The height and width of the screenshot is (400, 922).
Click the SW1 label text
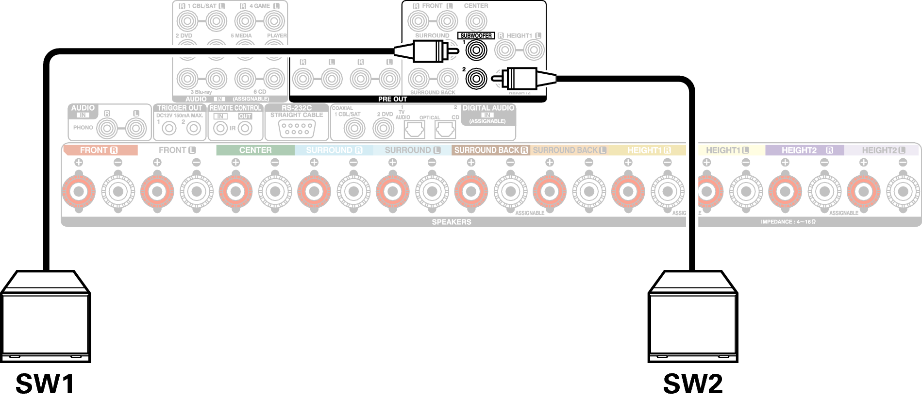click(x=45, y=384)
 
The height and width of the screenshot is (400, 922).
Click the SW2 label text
click(x=693, y=384)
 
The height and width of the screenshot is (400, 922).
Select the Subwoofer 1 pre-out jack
click(x=476, y=50)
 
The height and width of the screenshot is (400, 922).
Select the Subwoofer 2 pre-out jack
click(x=476, y=78)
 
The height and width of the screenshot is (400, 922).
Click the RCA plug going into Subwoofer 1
click(x=427, y=50)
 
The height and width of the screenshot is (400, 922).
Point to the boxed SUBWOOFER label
click(x=476, y=35)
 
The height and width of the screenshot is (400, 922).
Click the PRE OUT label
click(x=392, y=99)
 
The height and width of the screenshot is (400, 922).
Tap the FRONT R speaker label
click(x=99, y=150)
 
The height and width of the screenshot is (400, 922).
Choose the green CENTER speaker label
click(x=255, y=150)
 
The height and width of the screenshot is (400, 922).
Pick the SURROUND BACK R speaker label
click(x=490, y=150)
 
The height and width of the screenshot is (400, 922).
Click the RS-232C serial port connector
click(x=297, y=129)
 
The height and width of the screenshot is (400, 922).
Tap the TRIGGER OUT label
click(x=180, y=108)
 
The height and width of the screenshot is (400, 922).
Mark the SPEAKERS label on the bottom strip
click(x=452, y=222)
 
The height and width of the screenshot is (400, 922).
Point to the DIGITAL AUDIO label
click(x=488, y=108)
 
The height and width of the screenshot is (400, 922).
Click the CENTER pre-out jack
click(x=476, y=21)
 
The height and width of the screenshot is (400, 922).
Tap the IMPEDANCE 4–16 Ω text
click(x=788, y=222)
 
